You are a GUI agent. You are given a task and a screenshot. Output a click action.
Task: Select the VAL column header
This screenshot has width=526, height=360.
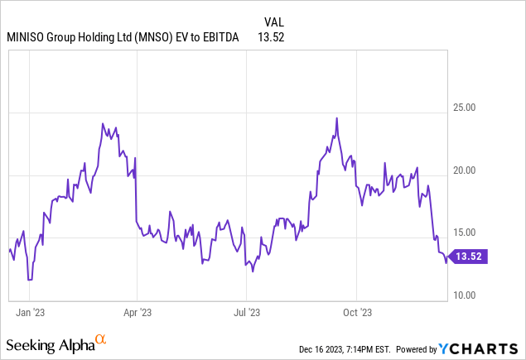point(274,22)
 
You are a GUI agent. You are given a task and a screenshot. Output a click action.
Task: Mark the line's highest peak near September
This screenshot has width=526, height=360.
point(337,118)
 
